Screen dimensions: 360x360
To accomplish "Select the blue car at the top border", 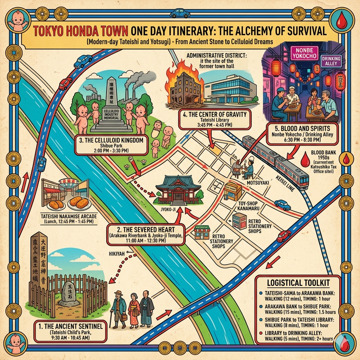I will (x=180, y=13).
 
